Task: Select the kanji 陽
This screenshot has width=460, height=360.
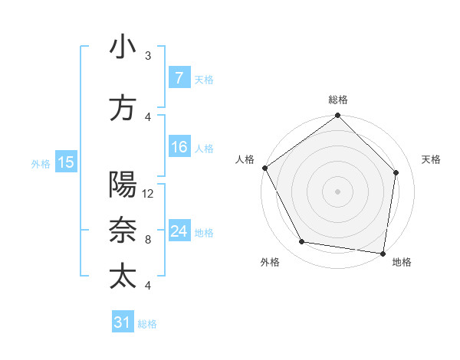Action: [123, 185]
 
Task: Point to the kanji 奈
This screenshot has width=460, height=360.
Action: [123, 230]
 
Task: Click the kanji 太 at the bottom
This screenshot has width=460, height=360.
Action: [123, 275]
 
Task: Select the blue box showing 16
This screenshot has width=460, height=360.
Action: [179, 147]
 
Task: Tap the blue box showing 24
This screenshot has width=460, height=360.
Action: [179, 231]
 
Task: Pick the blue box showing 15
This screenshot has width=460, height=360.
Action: [66, 162]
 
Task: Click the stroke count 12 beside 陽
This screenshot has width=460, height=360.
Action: [148, 194]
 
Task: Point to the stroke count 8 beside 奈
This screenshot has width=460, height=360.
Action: [148, 240]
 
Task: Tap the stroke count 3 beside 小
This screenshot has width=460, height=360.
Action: [148, 56]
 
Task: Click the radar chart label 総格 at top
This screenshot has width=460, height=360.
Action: [337, 100]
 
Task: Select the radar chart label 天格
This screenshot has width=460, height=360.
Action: [432, 159]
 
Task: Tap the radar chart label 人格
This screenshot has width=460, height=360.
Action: [245, 159]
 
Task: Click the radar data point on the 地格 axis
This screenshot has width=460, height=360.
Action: [383, 253]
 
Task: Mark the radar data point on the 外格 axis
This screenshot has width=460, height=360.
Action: [301, 242]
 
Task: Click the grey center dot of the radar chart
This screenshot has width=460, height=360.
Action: [337, 191]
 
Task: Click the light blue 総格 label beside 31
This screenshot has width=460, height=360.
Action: [147, 324]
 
